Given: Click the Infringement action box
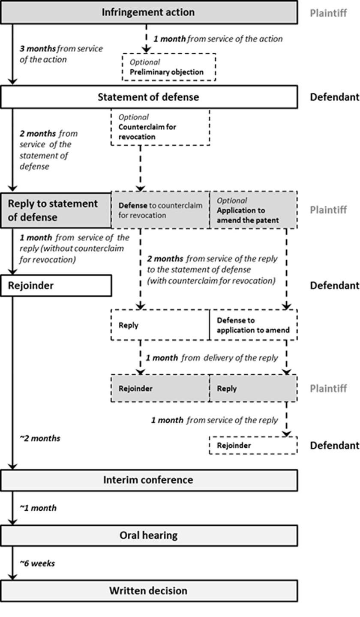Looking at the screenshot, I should point(148,12).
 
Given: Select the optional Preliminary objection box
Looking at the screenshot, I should point(169,67).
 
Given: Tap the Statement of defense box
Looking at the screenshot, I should point(148,97).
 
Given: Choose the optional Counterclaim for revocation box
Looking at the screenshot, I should point(160,127).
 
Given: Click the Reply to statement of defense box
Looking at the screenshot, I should point(56,210).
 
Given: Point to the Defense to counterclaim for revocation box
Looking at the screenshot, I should point(160,210).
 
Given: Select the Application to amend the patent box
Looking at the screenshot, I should point(253,210).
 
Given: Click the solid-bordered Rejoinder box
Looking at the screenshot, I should point(56,285).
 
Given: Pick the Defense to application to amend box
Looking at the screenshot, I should point(253,325).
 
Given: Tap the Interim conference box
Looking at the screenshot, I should point(148,480).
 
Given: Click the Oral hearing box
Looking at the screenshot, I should point(148,535).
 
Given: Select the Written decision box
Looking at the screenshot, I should point(148,591).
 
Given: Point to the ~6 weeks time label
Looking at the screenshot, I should point(37,563).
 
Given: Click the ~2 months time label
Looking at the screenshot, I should point(40,438).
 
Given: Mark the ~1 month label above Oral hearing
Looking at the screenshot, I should point(38,508).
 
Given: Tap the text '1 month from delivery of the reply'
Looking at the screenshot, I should point(212,357).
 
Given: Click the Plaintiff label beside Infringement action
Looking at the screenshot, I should point(328,13).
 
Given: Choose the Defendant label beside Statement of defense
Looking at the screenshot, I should point(334,97).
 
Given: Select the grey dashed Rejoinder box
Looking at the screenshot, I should point(160,389).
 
